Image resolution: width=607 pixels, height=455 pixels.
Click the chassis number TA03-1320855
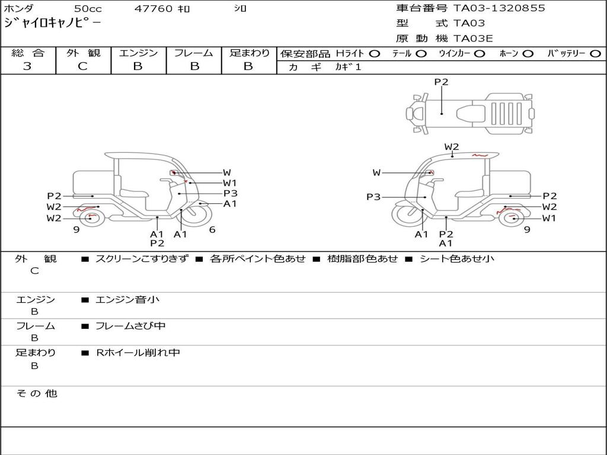[499, 8]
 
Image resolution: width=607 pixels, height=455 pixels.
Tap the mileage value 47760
[154, 9]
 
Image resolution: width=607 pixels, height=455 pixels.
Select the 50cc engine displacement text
[88, 9]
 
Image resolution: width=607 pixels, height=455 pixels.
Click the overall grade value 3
[27, 66]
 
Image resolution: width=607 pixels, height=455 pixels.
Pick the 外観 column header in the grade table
[83, 53]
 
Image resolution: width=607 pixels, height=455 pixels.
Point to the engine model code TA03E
[473, 39]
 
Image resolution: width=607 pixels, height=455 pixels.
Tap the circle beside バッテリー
[595, 54]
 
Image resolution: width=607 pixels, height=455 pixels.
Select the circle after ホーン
[528, 54]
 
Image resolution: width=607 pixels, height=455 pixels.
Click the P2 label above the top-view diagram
[441, 82]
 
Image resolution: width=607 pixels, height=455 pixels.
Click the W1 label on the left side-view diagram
[229, 183]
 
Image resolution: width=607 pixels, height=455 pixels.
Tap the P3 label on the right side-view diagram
[373, 197]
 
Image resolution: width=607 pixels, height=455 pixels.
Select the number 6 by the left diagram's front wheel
[212, 230]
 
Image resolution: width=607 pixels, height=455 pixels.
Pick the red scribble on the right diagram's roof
[480, 155]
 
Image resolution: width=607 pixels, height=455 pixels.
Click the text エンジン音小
[127, 300]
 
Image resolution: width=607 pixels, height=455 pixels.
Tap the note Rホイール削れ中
[138, 353]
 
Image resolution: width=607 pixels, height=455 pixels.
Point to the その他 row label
[36, 393]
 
